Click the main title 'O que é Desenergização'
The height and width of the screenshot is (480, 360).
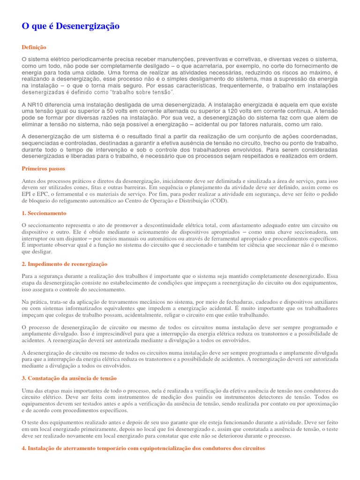tap(70, 26)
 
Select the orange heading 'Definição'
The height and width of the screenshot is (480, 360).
tap(34, 47)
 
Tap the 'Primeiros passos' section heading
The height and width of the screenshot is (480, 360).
tap(44, 168)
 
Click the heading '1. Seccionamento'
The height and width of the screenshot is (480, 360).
tap(44, 213)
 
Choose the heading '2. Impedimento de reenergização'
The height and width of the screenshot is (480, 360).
tap(65, 264)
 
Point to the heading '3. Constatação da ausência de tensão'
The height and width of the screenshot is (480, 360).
tap(69, 378)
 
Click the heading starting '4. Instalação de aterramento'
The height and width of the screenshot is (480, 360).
tap(143, 448)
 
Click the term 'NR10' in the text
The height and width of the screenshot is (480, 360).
tap(36, 104)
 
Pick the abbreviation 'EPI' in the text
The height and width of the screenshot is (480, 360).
tap(27, 194)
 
